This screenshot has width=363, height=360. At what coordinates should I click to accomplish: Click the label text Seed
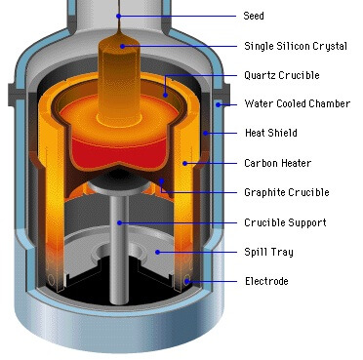click(x=253, y=16)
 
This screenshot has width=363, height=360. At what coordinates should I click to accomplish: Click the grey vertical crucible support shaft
click(x=119, y=244)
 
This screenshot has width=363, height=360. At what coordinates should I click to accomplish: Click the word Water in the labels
click(x=256, y=103)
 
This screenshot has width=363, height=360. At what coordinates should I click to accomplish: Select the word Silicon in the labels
click(x=288, y=45)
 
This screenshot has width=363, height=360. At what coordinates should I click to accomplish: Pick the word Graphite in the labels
click(x=262, y=192)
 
